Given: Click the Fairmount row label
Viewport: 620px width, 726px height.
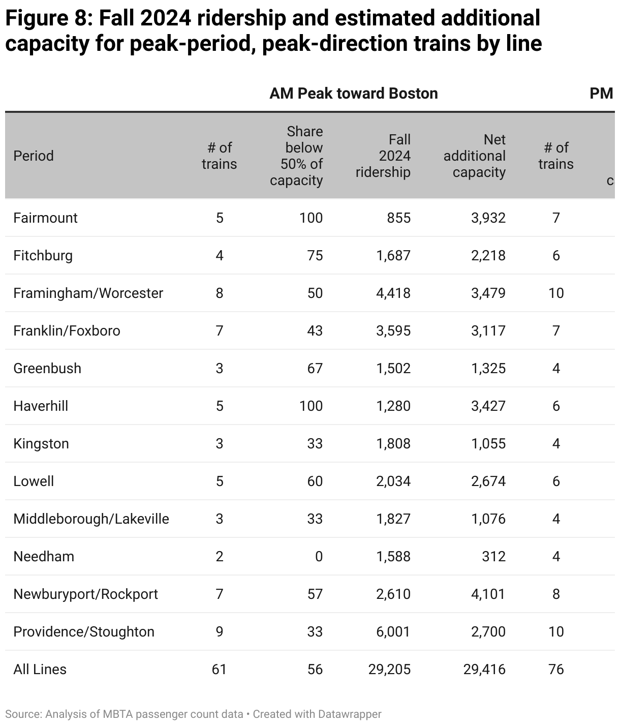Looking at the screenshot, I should (45, 218).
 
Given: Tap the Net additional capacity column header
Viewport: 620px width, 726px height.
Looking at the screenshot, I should (474, 156).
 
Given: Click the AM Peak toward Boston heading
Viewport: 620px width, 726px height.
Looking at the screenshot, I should (353, 94).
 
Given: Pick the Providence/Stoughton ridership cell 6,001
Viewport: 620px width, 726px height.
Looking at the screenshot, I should (393, 631).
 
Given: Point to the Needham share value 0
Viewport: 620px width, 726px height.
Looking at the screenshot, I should (319, 556).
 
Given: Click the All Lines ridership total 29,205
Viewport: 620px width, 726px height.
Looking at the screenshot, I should (389, 669).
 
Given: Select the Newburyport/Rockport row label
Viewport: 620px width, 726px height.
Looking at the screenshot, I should (85, 594).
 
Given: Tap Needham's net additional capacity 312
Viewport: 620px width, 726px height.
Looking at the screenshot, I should (493, 556).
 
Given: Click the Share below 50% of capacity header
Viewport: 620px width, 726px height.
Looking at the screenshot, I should (297, 156).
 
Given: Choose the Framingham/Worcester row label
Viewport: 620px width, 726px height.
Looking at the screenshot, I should (88, 293).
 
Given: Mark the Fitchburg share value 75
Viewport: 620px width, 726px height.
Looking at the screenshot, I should (315, 255).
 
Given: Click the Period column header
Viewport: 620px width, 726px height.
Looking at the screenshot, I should (34, 156).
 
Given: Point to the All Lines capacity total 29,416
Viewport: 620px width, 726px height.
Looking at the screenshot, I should (484, 669).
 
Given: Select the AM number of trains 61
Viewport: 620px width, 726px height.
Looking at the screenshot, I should (219, 669).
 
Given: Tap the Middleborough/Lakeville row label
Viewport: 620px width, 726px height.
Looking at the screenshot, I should (91, 519).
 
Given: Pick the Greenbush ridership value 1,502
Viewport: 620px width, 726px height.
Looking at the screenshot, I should (393, 368).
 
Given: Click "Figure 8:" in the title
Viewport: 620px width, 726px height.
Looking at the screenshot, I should (48, 19).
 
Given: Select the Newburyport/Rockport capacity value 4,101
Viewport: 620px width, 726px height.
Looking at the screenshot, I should (488, 594).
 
